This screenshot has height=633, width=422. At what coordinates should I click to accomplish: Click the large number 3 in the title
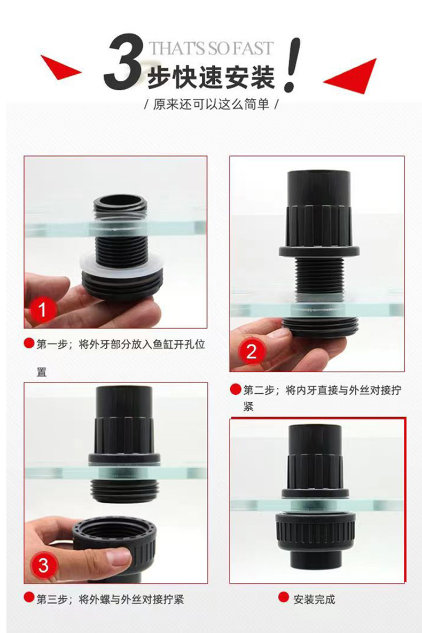click(x=123, y=61)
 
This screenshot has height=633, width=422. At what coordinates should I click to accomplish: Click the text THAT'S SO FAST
click(x=211, y=49)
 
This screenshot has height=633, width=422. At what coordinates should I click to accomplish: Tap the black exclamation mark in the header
click(x=292, y=65)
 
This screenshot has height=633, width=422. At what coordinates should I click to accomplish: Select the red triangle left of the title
click(x=60, y=68)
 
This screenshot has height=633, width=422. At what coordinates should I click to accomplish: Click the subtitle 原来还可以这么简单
click(x=211, y=105)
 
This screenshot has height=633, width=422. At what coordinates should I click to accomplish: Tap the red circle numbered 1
click(x=42, y=310)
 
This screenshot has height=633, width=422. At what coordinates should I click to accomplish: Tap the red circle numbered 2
click(x=251, y=351)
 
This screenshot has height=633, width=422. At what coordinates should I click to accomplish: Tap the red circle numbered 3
click(x=43, y=565)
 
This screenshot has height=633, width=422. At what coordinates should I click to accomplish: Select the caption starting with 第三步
click(x=110, y=599)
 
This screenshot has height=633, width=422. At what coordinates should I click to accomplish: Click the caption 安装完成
click(x=314, y=599)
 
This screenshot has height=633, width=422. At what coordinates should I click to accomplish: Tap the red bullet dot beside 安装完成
click(x=284, y=597)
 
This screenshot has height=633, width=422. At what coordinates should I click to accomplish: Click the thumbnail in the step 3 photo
click(x=118, y=558)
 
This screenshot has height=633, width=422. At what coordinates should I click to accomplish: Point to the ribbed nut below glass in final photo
click(x=316, y=532)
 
